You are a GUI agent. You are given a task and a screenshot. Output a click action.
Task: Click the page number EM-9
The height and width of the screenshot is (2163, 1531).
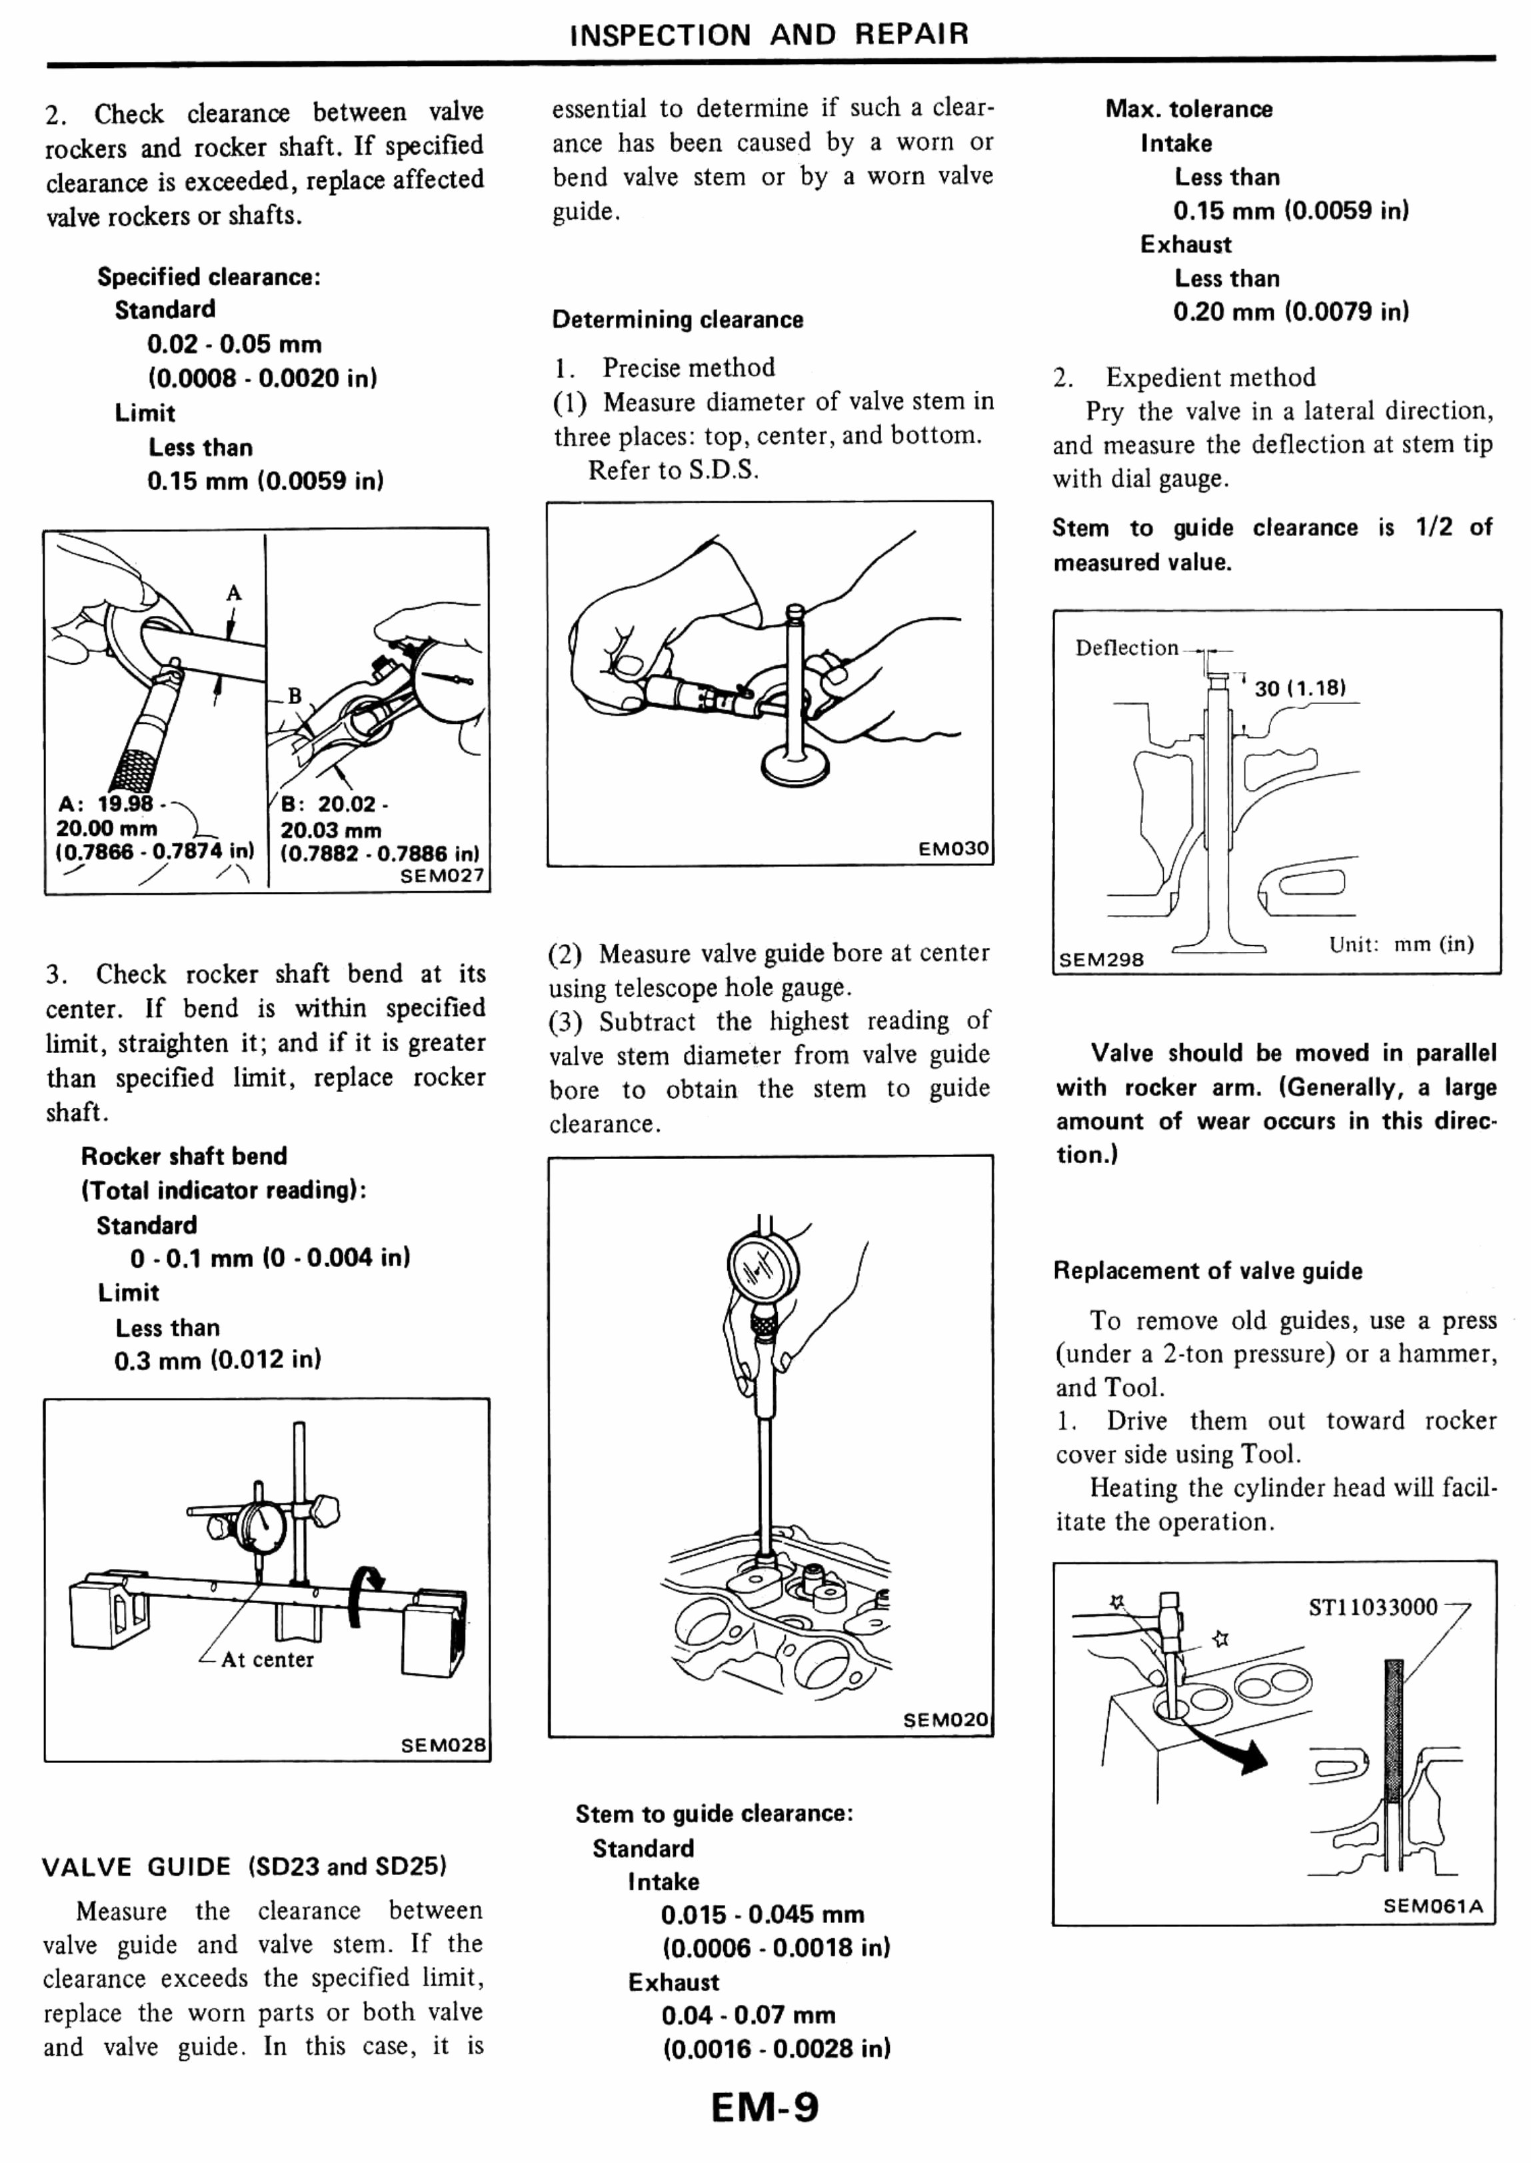click(765, 2108)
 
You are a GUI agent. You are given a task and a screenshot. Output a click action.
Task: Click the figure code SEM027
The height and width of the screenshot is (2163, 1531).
click(442, 875)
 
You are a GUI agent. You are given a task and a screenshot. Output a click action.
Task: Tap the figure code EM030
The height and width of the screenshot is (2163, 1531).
click(953, 848)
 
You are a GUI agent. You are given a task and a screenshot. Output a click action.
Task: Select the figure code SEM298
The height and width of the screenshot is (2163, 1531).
click(1100, 959)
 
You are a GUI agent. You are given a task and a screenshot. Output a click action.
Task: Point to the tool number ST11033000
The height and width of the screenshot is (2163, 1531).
click(1372, 1606)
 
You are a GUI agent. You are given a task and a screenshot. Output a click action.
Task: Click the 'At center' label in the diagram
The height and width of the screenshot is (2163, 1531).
click(267, 1660)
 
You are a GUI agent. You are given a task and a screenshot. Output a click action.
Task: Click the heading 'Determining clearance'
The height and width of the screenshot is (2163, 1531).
click(677, 320)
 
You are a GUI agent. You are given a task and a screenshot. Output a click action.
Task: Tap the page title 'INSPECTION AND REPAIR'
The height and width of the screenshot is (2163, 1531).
click(768, 35)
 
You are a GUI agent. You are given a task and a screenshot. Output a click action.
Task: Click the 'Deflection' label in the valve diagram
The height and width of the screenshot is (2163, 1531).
click(1126, 648)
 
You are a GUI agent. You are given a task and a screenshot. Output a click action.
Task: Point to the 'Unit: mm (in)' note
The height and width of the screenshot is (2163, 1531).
click(1401, 944)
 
